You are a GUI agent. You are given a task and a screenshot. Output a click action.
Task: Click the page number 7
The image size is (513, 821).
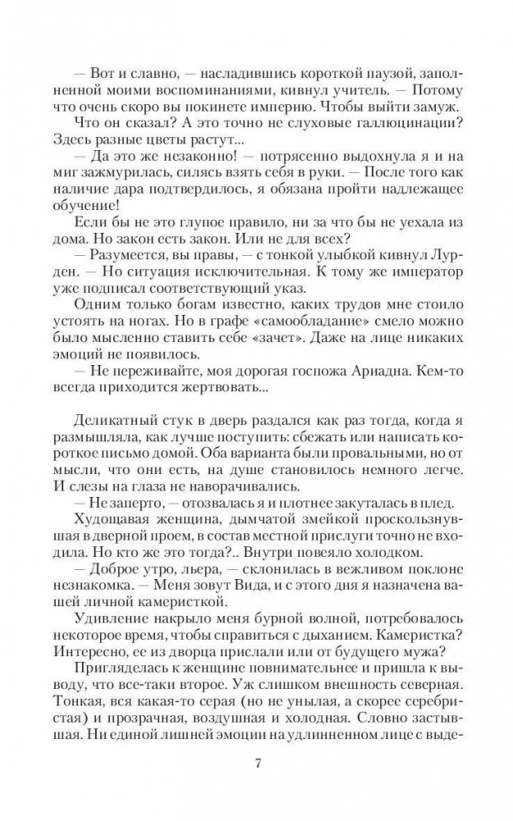point(258,766)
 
